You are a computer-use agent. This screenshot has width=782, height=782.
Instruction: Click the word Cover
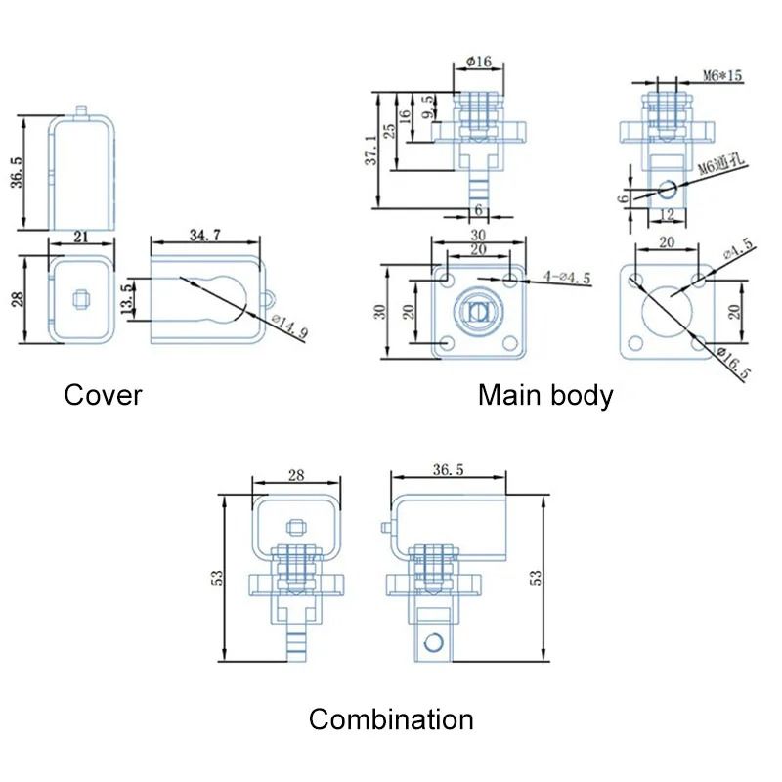(x=103, y=395)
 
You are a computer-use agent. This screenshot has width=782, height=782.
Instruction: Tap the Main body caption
(x=545, y=396)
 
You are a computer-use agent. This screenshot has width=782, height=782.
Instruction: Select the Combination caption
(x=391, y=719)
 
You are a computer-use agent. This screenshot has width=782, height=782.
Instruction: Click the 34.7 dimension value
(x=205, y=235)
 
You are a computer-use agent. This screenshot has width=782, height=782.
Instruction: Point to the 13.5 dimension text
(x=128, y=299)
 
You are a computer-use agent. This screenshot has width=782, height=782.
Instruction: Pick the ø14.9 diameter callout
(x=290, y=326)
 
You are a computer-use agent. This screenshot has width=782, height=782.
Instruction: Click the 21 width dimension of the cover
(x=81, y=237)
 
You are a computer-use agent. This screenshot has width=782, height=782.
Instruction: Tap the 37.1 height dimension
(x=371, y=150)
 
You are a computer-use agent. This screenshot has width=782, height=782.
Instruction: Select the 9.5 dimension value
(x=427, y=108)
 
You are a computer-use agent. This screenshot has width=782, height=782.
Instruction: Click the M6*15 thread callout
(x=722, y=76)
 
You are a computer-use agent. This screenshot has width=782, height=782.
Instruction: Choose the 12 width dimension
(x=667, y=215)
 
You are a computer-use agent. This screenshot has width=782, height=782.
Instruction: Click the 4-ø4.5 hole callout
(x=567, y=277)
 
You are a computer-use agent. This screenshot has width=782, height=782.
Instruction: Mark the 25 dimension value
(x=389, y=131)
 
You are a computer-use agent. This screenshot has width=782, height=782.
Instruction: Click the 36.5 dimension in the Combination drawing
(x=448, y=470)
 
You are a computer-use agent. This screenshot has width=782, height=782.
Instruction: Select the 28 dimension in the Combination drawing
(x=296, y=475)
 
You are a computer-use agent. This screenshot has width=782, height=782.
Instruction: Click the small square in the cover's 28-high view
(x=81, y=299)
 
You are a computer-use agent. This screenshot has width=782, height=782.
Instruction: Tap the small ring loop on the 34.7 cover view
(x=267, y=299)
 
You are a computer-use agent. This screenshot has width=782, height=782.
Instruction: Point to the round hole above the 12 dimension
(x=668, y=190)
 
